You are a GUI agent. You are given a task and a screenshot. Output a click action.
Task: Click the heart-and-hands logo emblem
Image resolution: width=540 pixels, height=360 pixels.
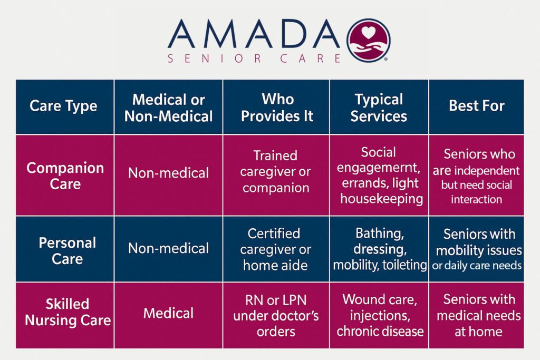tap(368, 40)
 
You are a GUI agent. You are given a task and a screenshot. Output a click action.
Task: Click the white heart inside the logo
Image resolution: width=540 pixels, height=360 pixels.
tap(368, 33)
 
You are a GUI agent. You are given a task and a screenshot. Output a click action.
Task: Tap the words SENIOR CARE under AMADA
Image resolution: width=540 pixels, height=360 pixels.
tap(254, 59)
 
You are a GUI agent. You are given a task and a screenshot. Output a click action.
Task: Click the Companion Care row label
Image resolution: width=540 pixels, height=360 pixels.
tap(65, 176)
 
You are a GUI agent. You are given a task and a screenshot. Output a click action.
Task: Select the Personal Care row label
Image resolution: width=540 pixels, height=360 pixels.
tap(67, 250)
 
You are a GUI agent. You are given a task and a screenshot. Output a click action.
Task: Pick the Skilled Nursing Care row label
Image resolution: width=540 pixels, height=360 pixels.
tap(67, 312)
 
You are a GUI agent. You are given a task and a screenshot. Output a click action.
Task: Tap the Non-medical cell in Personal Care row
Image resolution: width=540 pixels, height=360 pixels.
tap(168, 248)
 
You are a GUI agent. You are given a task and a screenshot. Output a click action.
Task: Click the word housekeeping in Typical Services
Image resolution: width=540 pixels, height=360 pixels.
tap(382, 199)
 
